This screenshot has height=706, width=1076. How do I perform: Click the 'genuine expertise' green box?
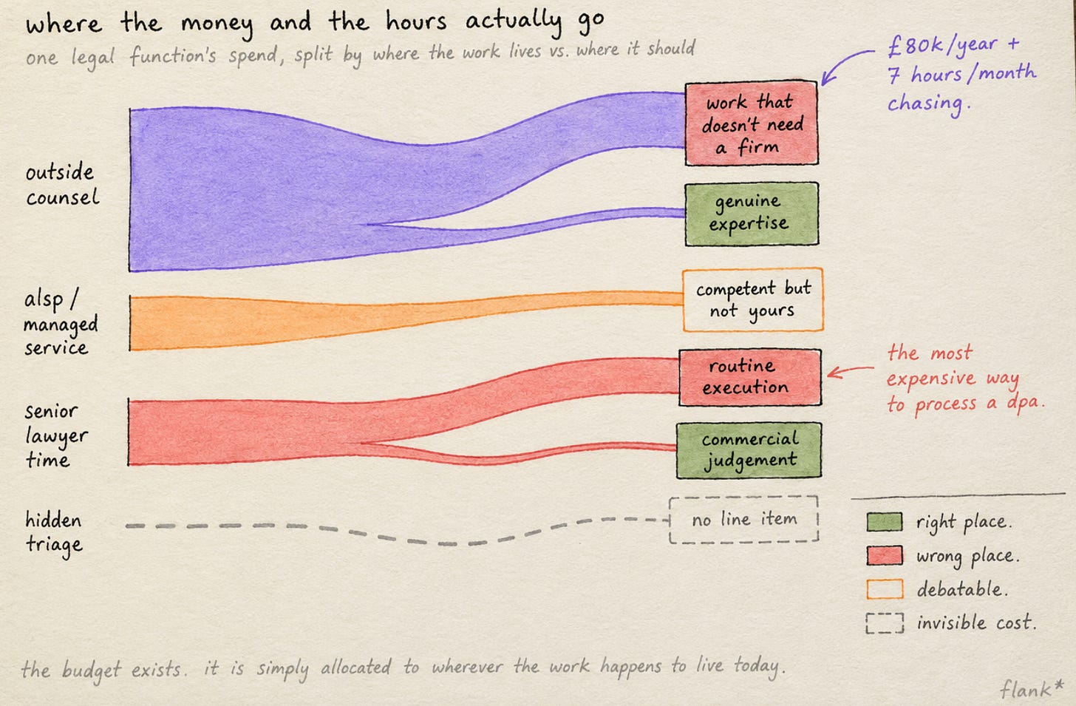752,214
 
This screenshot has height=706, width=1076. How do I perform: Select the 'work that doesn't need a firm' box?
752,123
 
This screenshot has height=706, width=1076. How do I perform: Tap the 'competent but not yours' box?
753,299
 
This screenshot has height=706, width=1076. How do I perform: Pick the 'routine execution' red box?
750,377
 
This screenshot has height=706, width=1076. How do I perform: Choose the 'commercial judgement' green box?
749,450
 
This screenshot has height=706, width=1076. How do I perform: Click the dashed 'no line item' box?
743,520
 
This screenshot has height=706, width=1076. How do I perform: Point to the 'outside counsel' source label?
62,185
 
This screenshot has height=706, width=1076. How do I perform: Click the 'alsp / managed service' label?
61,322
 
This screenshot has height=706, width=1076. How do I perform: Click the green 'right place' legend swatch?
885,522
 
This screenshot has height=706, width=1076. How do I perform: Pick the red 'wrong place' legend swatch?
885,556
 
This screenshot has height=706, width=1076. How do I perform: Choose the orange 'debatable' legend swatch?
885,589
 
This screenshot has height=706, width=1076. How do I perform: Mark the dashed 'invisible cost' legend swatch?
885,623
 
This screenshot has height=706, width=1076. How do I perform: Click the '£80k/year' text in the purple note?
942,46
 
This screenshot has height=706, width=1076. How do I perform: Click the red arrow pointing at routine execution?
850,370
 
